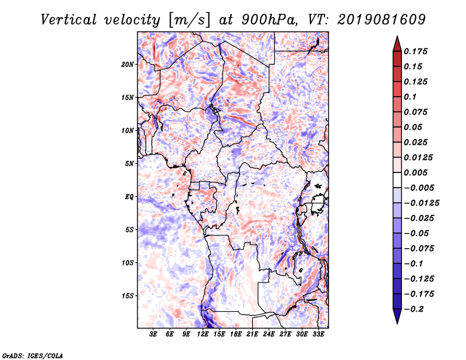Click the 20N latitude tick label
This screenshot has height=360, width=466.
click(128, 64)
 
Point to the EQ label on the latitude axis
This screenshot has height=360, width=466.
click(129, 197)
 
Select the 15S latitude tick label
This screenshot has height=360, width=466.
click(128, 296)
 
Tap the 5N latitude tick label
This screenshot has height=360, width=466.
click(129, 164)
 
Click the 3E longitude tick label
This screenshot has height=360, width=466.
click(154, 334)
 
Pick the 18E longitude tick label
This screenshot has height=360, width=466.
click(236, 334)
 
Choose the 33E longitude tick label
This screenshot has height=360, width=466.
click(318, 334)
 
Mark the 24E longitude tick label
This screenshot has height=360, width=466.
click(269, 334)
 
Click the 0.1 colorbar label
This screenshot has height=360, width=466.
click(411, 97)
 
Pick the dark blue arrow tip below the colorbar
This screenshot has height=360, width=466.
click(396, 318)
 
